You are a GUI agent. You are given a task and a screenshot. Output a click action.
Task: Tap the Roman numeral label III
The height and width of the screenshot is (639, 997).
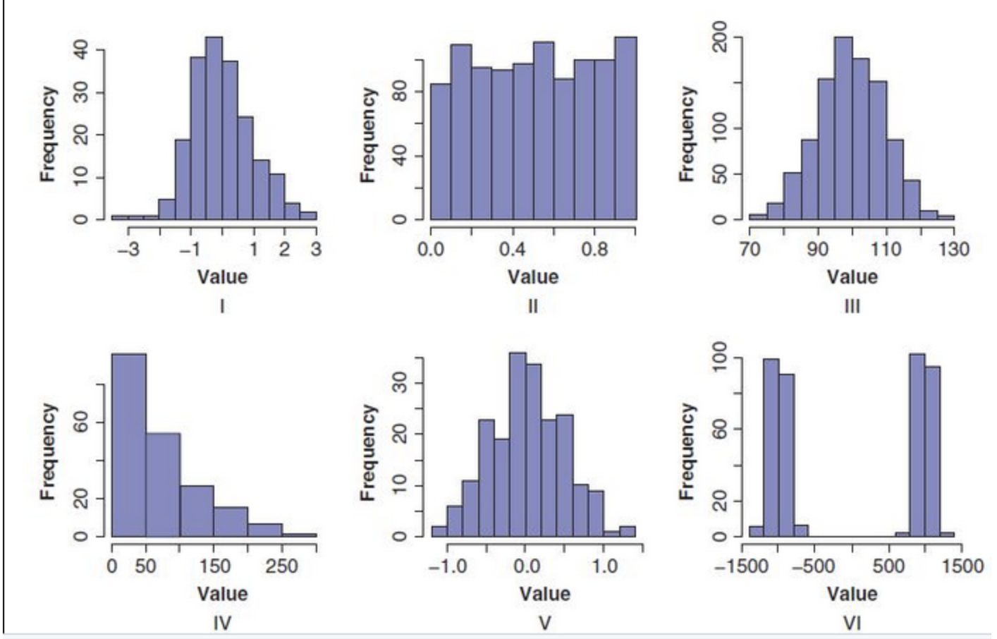(x=852, y=306)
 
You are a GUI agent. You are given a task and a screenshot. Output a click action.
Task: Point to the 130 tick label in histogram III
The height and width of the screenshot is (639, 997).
(x=953, y=249)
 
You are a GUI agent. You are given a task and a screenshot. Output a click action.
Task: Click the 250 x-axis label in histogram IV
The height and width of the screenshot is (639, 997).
(x=281, y=566)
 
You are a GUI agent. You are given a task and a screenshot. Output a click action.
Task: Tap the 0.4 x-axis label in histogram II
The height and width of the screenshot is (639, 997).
(x=513, y=249)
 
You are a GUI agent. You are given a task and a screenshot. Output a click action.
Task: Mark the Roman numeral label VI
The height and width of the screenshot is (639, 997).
(x=852, y=623)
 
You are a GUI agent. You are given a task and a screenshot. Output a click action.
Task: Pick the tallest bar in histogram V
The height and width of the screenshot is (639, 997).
(x=518, y=444)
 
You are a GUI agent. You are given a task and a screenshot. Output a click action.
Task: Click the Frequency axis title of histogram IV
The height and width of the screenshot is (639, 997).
(x=48, y=451)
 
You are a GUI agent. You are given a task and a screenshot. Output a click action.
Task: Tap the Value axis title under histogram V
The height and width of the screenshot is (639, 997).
(x=544, y=594)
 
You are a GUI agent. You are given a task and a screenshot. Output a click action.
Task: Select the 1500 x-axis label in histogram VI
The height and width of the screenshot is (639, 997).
(x=962, y=566)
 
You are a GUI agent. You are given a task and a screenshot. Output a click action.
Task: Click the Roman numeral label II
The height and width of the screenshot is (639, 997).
(x=533, y=306)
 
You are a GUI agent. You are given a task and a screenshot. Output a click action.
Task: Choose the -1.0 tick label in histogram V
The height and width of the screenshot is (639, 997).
(x=448, y=566)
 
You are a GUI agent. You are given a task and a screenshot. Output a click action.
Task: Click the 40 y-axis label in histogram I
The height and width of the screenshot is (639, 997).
(x=82, y=50)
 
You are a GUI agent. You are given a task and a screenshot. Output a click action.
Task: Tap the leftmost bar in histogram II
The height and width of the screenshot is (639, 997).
(x=441, y=152)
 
